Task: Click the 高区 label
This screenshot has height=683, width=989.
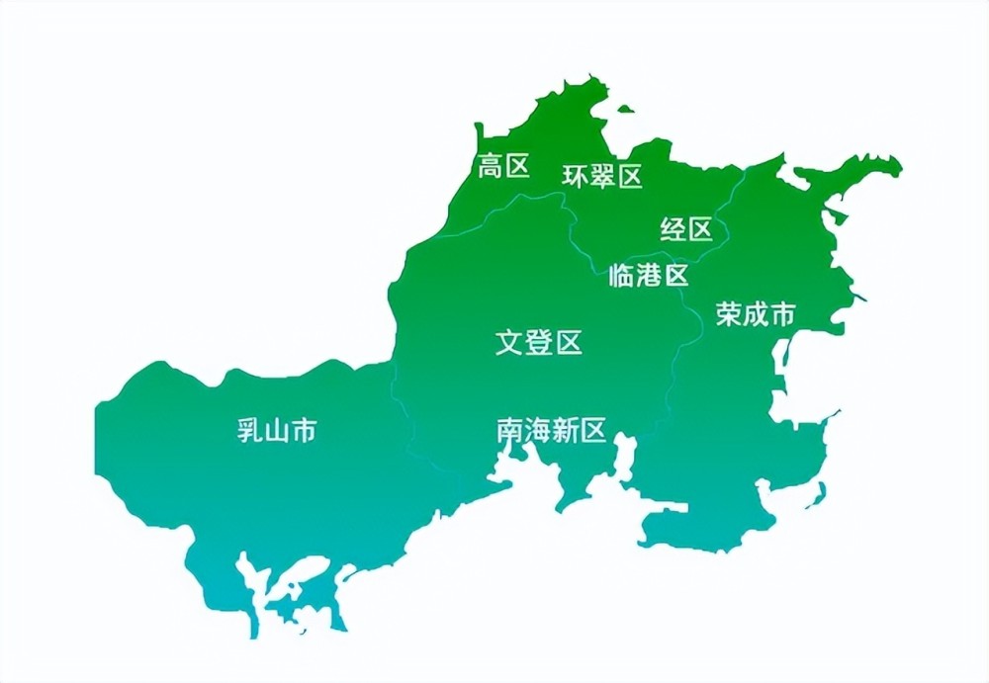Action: click(504, 166)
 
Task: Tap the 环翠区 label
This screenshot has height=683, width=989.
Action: click(602, 177)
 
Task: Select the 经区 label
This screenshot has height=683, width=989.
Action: click(686, 230)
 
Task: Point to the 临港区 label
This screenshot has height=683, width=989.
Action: click(649, 276)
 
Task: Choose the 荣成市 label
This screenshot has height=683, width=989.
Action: click(756, 315)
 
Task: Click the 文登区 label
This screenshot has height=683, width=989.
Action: click(538, 343)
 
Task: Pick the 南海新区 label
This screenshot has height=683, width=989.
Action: click(551, 431)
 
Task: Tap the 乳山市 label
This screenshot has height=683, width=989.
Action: click(277, 431)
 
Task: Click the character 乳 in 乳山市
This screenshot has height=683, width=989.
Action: click(249, 431)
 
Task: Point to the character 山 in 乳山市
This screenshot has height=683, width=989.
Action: click(277, 431)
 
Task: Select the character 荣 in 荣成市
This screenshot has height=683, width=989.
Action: click(729, 315)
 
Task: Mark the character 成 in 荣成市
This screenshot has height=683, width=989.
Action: click(756, 315)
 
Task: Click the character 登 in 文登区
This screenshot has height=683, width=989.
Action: click(538, 343)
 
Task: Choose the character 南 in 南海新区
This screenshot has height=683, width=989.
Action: click(509, 431)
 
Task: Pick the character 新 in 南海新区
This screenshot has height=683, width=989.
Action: click(565, 431)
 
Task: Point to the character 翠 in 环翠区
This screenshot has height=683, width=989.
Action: click(602, 177)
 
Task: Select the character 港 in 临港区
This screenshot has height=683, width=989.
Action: click(649, 276)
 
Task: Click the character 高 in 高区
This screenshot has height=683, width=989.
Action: click(492, 166)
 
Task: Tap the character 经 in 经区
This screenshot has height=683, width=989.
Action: click(674, 230)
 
